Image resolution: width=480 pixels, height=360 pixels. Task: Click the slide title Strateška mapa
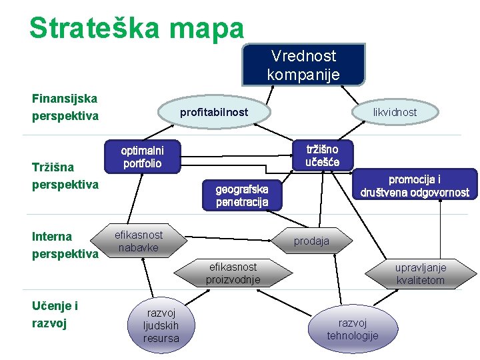(x=137, y=27)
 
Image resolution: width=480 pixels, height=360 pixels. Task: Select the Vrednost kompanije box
(x=303, y=65)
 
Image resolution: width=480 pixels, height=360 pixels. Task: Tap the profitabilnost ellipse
(x=213, y=112)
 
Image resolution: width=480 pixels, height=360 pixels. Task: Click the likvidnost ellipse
(x=395, y=112)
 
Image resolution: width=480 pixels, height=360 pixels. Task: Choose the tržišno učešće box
(x=322, y=155)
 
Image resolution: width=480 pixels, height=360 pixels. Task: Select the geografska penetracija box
(x=242, y=195)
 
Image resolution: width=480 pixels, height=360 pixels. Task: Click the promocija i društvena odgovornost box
(x=415, y=186)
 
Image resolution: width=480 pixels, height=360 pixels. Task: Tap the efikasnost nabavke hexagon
(x=139, y=241)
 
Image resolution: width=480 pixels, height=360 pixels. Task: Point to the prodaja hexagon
(x=311, y=241)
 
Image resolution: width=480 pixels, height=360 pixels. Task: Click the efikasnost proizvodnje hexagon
(x=233, y=273)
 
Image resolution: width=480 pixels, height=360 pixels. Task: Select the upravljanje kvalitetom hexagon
(x=420, y=273)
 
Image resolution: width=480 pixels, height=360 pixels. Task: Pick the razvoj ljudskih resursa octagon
(x=161, y=325)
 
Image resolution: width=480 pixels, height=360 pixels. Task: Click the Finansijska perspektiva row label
(x=65, y=107)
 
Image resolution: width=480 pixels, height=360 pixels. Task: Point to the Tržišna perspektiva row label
(x=65, y=175)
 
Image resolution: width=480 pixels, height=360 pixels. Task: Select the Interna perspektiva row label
(x=65, y=245)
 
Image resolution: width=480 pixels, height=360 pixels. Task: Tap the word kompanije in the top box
(x=303, y=73)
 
